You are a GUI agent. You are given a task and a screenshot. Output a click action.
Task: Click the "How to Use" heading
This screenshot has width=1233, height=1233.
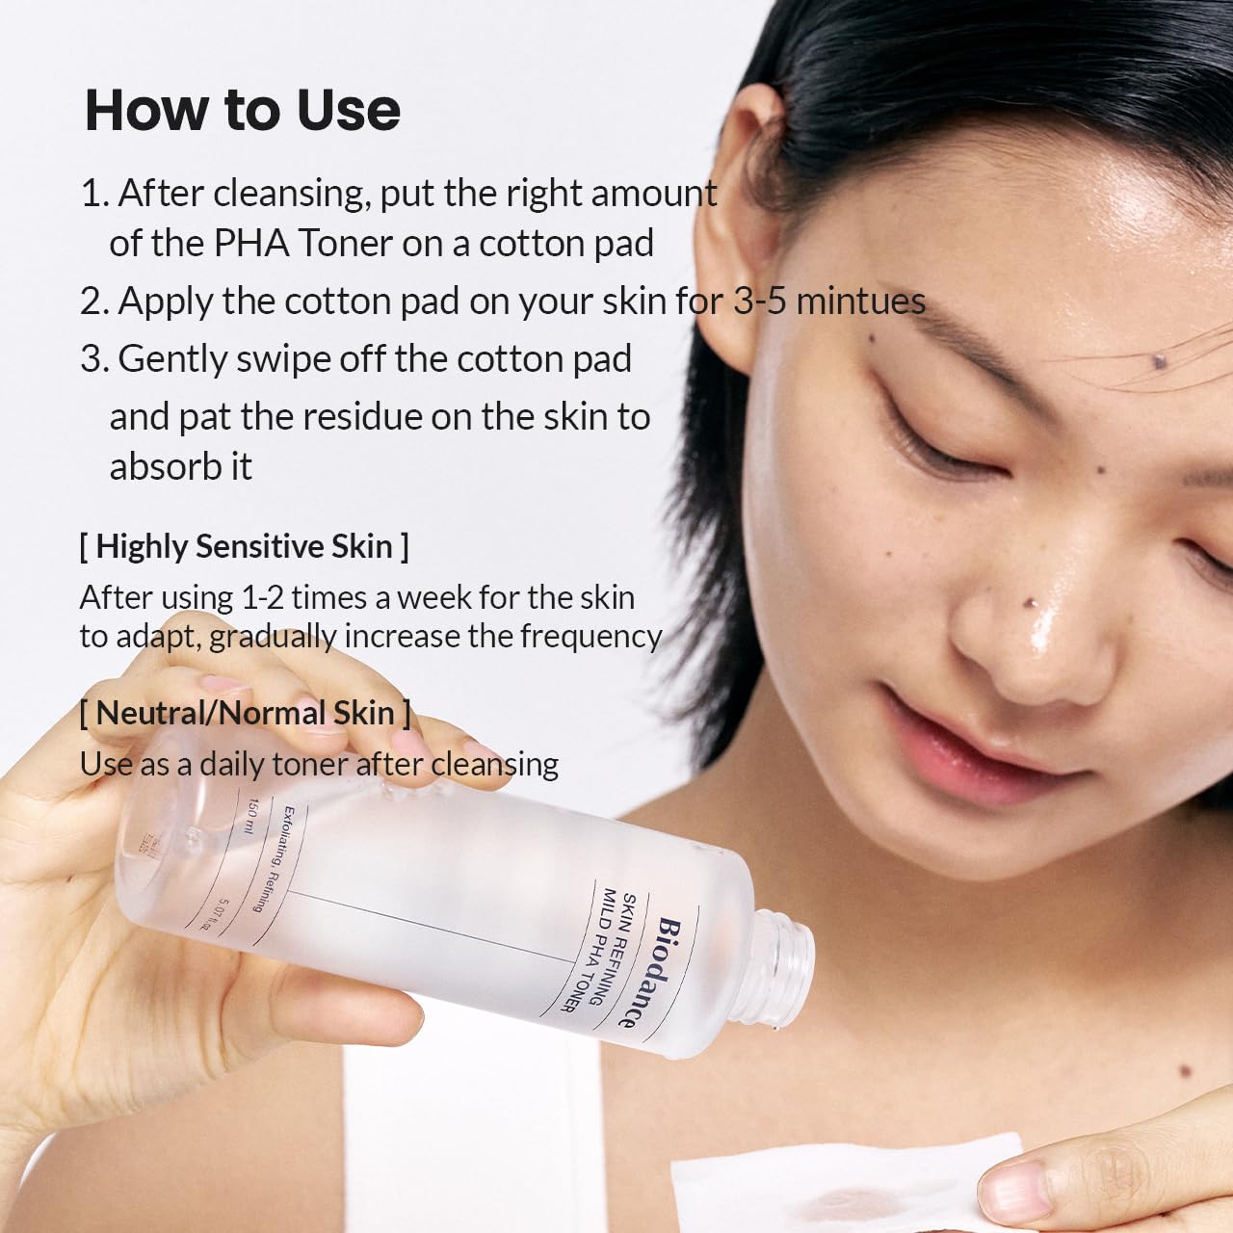(x=243, y=110)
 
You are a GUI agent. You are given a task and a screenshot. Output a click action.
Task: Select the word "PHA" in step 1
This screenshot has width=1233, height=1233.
(x=251, y=244)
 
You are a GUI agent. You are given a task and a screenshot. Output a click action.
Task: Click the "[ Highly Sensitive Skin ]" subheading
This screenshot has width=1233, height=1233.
(x=244, y=546)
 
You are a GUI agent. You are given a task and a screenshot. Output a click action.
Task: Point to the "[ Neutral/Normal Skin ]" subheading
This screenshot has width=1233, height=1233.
(x=245, y=713)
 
